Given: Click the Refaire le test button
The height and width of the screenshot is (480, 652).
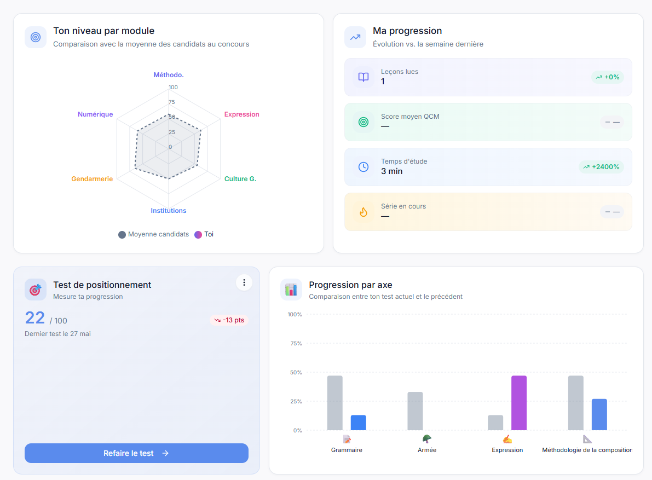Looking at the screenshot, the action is click(x=136, y=453).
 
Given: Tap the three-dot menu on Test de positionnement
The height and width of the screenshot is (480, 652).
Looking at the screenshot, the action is click(x=244, y=282).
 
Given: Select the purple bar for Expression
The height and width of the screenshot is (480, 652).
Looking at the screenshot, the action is click(x=519, y=403).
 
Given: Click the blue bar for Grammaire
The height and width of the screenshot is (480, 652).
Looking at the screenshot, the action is click(x=359, y=423).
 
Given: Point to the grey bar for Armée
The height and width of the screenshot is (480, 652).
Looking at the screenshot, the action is click(x=415, y=411).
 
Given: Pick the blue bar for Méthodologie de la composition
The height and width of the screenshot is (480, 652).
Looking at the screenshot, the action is click(x=599, y=414).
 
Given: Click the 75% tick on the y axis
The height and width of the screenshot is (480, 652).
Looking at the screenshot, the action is click(x=296, y=343).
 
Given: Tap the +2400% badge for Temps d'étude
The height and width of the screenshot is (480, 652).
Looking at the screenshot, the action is click(x=601, y=166).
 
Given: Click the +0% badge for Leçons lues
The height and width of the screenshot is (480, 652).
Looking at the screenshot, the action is click(x=608, y=77).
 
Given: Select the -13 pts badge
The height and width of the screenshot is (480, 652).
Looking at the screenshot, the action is click(x=229, y=320).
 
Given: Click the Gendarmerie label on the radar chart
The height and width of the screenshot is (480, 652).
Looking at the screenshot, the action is click(x=92, y=179).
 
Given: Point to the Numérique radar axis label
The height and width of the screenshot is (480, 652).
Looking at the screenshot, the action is click(x=95, y=114).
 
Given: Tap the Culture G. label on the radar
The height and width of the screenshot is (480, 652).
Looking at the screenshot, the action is click(x=240, y=179).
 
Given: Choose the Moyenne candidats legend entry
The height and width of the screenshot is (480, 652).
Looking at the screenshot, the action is click(x=153, y=234).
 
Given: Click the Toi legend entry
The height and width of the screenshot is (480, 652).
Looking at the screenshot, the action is click(x=204, y=234).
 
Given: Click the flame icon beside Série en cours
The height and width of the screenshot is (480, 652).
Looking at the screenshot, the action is click(x=363, y=212).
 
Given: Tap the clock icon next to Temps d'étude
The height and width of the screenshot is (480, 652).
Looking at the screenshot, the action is click(x=363, y=166).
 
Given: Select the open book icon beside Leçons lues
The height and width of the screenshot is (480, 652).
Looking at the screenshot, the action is click(x=363, y=77).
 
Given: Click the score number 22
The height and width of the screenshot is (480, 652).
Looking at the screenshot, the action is click(x=35, y=318).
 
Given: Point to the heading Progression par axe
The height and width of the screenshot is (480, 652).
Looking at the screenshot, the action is click(x=350, y=285).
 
